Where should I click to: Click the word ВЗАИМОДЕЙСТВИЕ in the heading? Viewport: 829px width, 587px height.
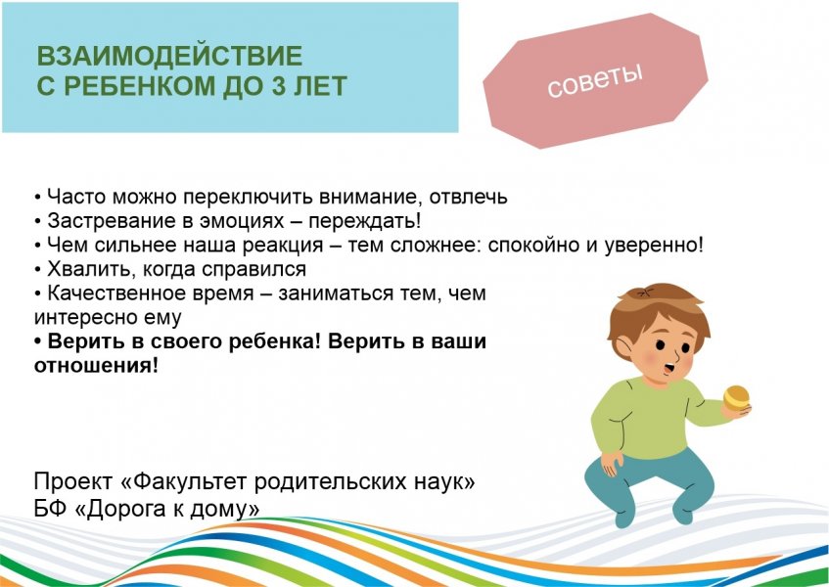tap(168, 56)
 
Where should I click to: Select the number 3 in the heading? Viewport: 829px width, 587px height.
tap(289, 86)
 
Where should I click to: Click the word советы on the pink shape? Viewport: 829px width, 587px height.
tap(594, 81)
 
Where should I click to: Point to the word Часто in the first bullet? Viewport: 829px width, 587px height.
tap(71, 196)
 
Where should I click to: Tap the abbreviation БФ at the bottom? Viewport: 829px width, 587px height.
tap(50, 509)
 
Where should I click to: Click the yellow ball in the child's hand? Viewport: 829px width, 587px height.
tap(736, 396)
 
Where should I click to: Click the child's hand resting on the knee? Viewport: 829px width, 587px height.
tap(611, 459)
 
